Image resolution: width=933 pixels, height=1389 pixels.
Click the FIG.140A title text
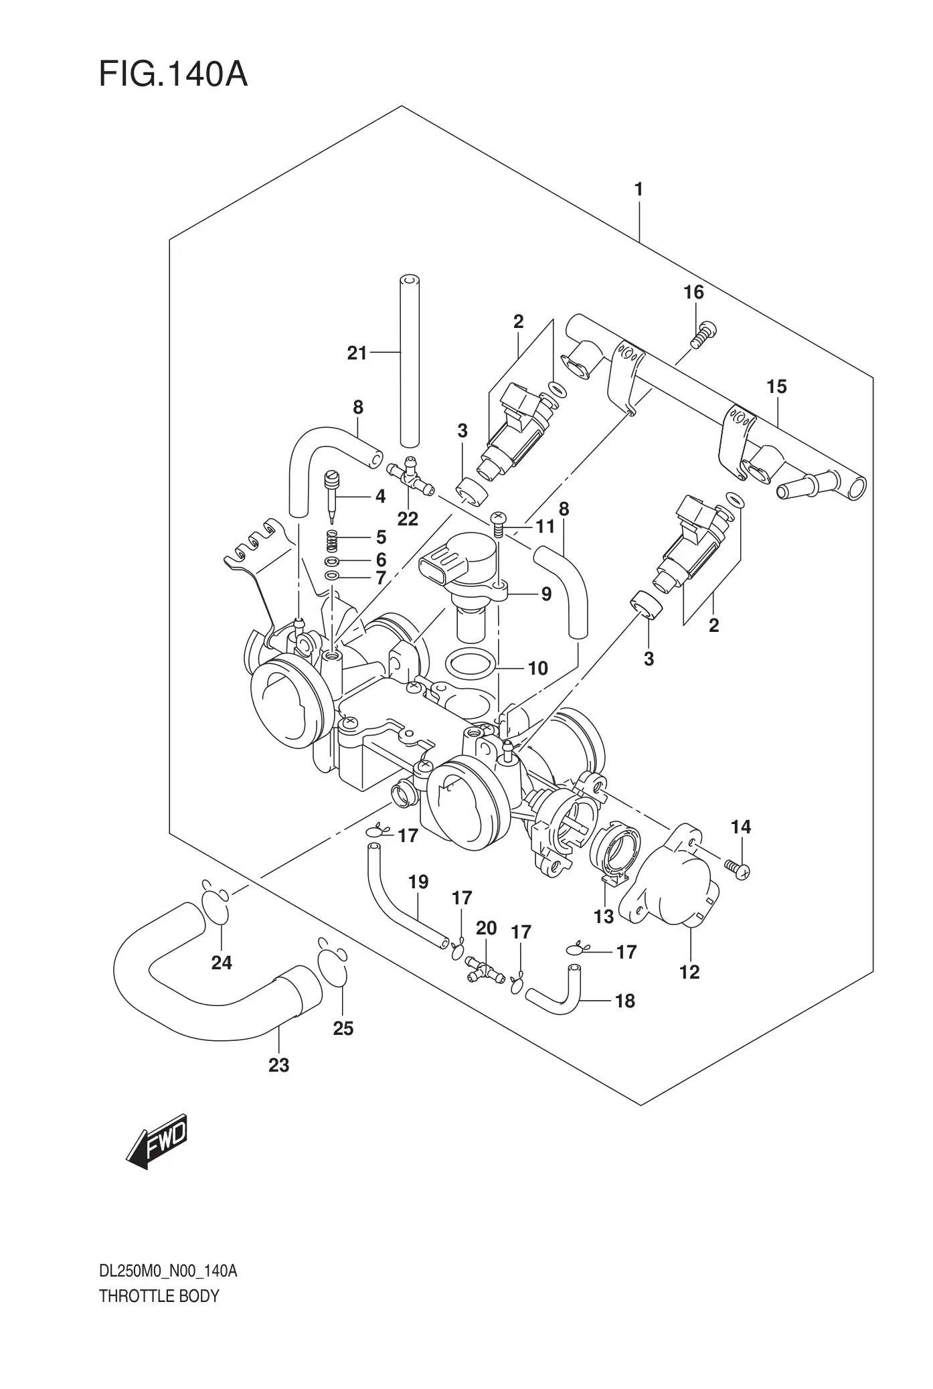[173, 74]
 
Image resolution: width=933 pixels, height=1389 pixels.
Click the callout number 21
[357, 353]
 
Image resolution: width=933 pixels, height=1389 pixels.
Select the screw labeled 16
[702, 334]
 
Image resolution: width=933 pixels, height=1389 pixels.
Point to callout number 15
[776, 387]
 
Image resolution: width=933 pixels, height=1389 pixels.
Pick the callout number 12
[689, 972]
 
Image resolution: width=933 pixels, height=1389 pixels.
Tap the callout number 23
[278, 1064]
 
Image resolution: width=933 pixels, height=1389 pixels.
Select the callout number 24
[222, 963]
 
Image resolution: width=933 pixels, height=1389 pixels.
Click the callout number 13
[604, 916]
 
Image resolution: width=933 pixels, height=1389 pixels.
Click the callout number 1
[639, 189]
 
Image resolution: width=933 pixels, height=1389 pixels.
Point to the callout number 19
[418, 882]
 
